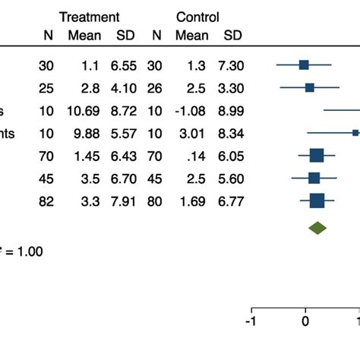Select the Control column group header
click(197, 17)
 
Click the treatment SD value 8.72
click(125, 111)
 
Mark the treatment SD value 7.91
click(125, 201)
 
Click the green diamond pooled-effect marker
click(317, 227)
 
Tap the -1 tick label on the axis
click(251, 322)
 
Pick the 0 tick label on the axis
click(305, 322)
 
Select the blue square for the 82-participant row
click(317, 201)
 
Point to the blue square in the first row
click(304, 65)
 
